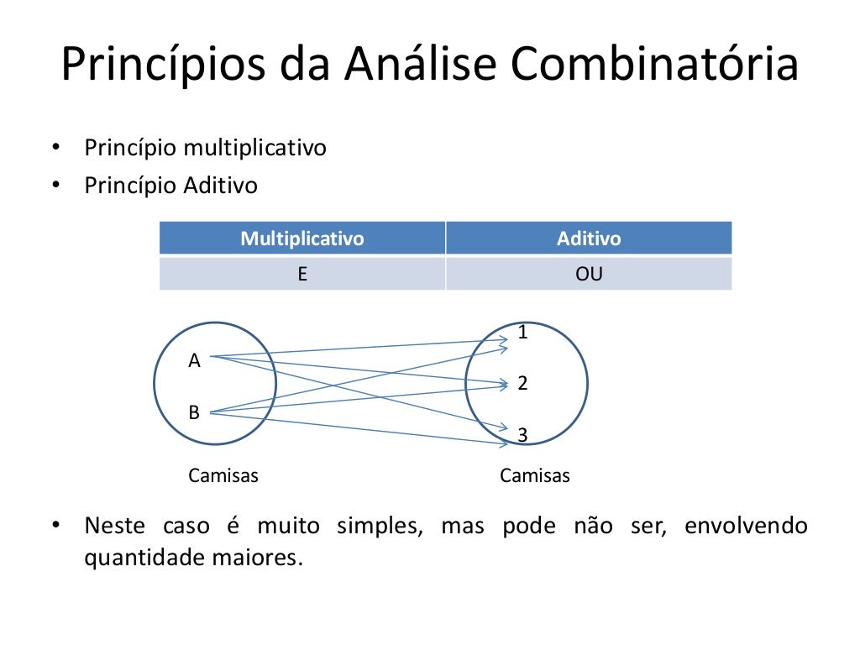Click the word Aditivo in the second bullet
(221, 185)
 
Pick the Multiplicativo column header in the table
(302, 239)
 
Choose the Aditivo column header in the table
(589, 239)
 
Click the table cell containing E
(302, 274)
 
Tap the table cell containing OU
(589, 274)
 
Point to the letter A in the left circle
(194, 361)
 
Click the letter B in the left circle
(194, 412)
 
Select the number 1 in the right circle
(522, 333)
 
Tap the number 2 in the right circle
(522, 384)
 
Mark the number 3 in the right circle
(522, 435)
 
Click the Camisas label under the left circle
(223, 476)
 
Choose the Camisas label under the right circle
(535, 476)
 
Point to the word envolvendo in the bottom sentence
(746, 527)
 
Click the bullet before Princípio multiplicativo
(55, 149)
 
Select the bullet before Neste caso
(55, 527)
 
